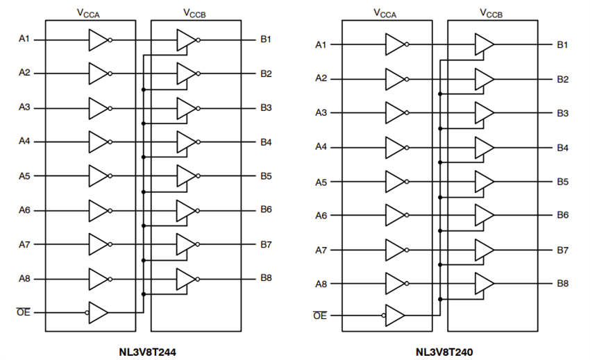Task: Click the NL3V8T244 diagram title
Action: coord(146,352)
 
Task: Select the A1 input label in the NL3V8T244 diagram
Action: coord(24,40)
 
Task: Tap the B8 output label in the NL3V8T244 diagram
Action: coord(266,279)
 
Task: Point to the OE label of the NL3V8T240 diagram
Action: coord(320,316)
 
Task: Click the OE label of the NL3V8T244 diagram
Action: coord(23,312)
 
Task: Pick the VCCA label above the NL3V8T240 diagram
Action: coord(385,12)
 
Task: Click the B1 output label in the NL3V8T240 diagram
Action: coord(562,45)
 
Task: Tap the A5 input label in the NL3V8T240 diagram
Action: coord(321,182)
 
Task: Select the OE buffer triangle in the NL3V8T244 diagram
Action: coord(99,312)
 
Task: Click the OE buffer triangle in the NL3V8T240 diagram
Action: coord(395,316)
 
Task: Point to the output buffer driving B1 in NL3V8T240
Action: coord(484,45)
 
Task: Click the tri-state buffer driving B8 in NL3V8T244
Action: coord(187,279)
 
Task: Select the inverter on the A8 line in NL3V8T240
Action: coord(395,283)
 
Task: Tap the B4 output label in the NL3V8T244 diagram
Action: coord(266,142)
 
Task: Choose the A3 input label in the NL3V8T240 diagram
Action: coord(321,112)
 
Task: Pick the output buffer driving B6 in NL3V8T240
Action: coord(484,215)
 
